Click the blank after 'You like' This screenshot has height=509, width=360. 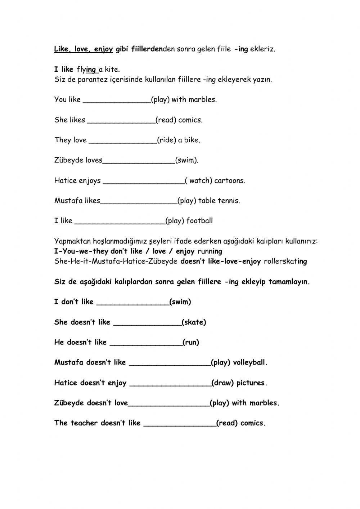pyautogui.click(x=117, y=100)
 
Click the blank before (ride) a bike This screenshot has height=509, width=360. pyautogui.click(x=122, y=140)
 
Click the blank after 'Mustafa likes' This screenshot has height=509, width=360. pyautogui.click(x=139, y=201)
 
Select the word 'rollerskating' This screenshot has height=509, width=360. pyautogui.click(x=285, y=262)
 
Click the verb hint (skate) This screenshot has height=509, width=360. pyautogui.click(x=194, y=322)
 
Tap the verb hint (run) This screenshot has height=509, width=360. pyautogui.click(x=191, y=343)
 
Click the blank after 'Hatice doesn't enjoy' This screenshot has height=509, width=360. pyautogui.click(x=170, y=384)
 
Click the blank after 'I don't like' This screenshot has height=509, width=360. pyautogui.click(x=133, y=303)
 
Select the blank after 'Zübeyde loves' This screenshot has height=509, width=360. pyautogui.click(x=139, y=161)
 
